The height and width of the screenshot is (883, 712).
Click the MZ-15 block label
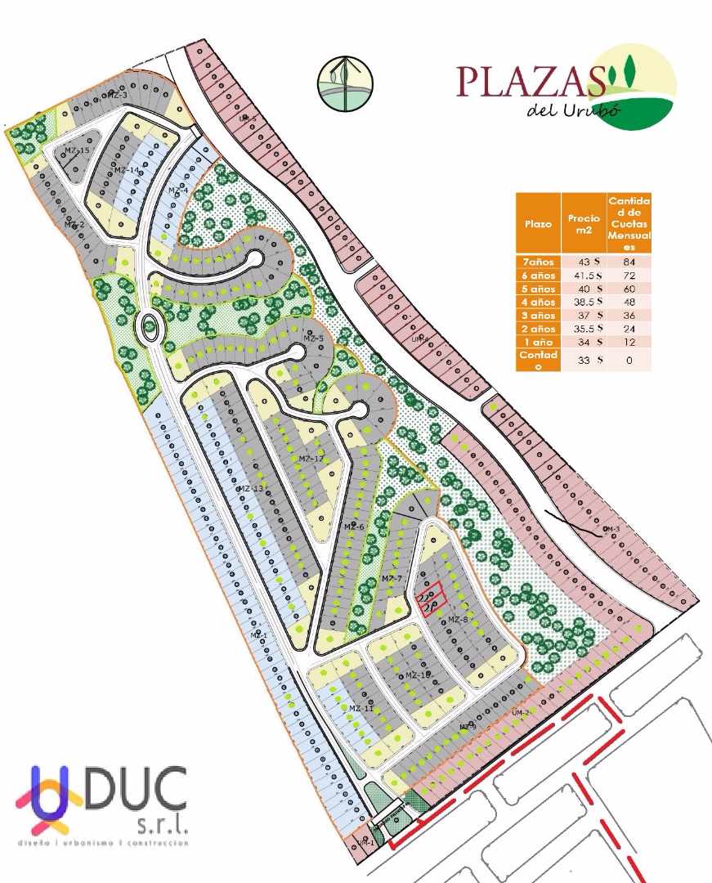pos(77,150)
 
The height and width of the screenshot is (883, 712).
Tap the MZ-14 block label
pos(127,170)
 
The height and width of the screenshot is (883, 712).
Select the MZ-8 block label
pos(458,620)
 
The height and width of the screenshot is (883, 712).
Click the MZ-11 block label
pos(361,708)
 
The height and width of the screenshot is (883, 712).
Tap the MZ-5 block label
pos(314,338)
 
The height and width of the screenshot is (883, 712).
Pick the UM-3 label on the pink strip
pos(611,530)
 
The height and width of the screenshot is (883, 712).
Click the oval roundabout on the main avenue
pos(150,328)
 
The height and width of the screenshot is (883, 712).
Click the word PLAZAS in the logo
pos(530,81)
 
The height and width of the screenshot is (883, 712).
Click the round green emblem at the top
pos(345,83)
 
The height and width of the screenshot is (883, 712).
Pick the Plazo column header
pos(538,223)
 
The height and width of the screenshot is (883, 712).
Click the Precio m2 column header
pos(584,223)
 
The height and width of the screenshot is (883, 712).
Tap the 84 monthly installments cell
pos(629,262)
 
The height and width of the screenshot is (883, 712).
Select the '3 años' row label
pos(537,316)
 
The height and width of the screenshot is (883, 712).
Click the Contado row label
pos(537,361)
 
